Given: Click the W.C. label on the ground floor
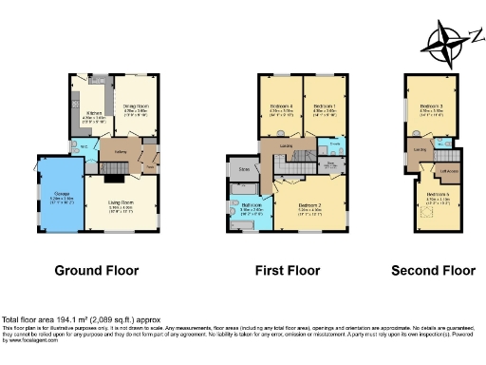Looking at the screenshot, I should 84,147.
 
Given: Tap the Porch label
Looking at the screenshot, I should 149,169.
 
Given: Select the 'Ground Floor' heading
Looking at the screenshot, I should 97,271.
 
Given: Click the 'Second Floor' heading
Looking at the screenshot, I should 432,271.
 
